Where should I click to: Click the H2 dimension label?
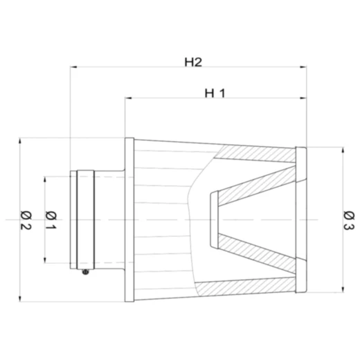[192, 62]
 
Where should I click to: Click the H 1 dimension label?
[216, 93]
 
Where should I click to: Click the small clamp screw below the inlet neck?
[84, 271]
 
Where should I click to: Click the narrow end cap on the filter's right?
[300, 219]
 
